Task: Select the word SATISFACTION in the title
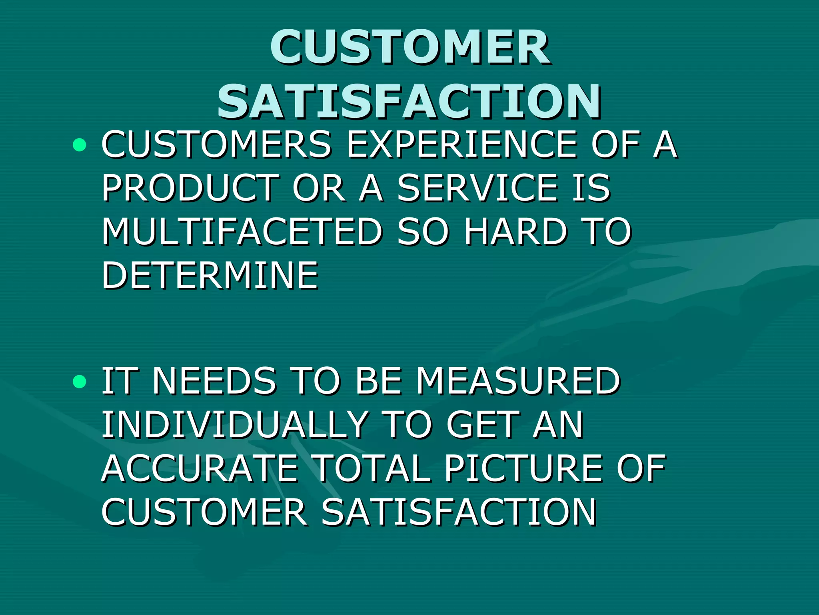[x=409, y=102]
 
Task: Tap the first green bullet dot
[x=80, y=145]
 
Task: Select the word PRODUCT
[x=190, y=188]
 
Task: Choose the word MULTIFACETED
[x=242, y=231]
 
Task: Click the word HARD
[x=515, y=231]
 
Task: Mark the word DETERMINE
[x=210, y=275]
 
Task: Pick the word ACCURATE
[x=200, y=468]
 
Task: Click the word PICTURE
[x=524, y=468]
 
